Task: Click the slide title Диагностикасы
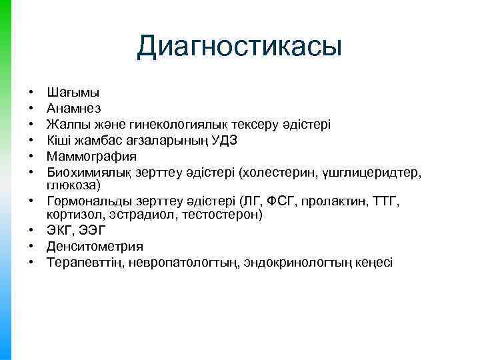(239, 47)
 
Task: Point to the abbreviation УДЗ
(223, 141)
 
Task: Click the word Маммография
(91, 157)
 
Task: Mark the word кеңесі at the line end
(374, 263)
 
